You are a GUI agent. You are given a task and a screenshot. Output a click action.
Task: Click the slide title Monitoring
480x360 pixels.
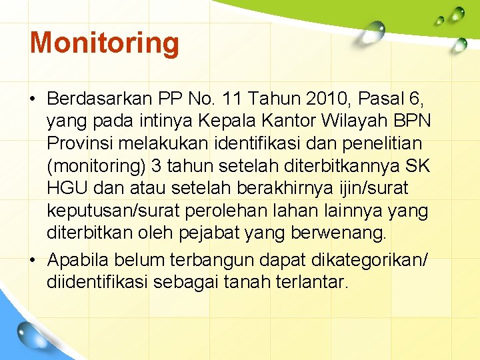click(x=105, y=43)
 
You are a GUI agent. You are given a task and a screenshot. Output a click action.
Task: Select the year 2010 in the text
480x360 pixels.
click(x=324, y=100)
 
